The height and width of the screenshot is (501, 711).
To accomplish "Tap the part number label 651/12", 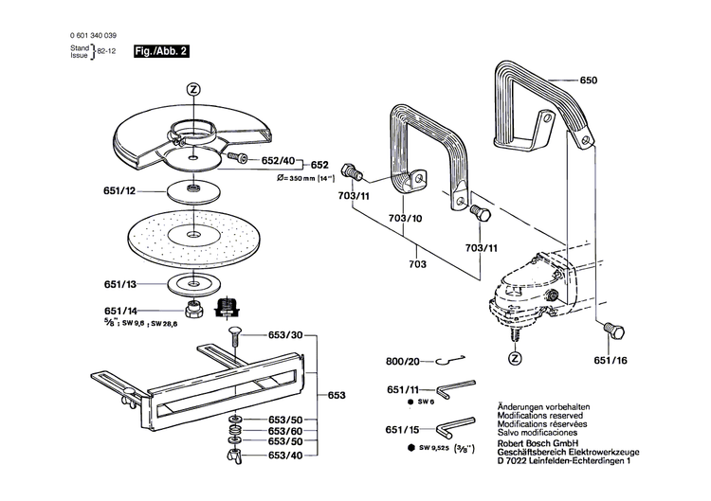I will click(x=119, y=191).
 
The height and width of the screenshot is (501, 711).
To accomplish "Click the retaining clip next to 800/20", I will click(x=450, y=360).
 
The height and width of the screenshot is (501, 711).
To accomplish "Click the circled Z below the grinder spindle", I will click(x=515, y=359).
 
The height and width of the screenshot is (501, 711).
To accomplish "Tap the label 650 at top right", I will click(x=589, y=81).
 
